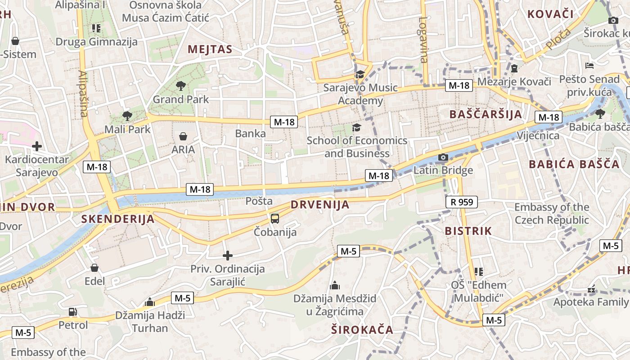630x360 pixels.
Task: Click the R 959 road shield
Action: pos(462,202)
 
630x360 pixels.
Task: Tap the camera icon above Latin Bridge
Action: pos(443,157)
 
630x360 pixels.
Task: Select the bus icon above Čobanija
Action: pos(274,219)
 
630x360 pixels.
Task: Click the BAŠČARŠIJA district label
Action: pos(486,114)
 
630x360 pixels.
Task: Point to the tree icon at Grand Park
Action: pos(181,85)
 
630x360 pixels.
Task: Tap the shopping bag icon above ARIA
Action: pos(183,136)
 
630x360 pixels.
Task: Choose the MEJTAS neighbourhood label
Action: pos(210,49)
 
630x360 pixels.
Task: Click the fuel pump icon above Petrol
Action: pos(72,311)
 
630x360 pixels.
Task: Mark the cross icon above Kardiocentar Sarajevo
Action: pos(37,146)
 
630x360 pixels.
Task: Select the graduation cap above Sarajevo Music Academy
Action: pos(360,75)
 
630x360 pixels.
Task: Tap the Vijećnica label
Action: pos(538,135)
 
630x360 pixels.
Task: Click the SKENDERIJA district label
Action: pos(118,219)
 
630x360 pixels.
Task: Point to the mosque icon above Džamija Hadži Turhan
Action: pos(150,302)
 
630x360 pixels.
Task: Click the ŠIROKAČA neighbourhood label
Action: pos(362,329)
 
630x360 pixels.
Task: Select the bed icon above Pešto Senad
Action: pos(589,66)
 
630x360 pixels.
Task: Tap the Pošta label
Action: pos(259,201)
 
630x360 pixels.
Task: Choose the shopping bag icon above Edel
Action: pos(94,268)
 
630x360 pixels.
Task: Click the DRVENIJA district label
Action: pos(319,204)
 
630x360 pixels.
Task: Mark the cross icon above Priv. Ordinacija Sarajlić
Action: pos(228,256)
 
